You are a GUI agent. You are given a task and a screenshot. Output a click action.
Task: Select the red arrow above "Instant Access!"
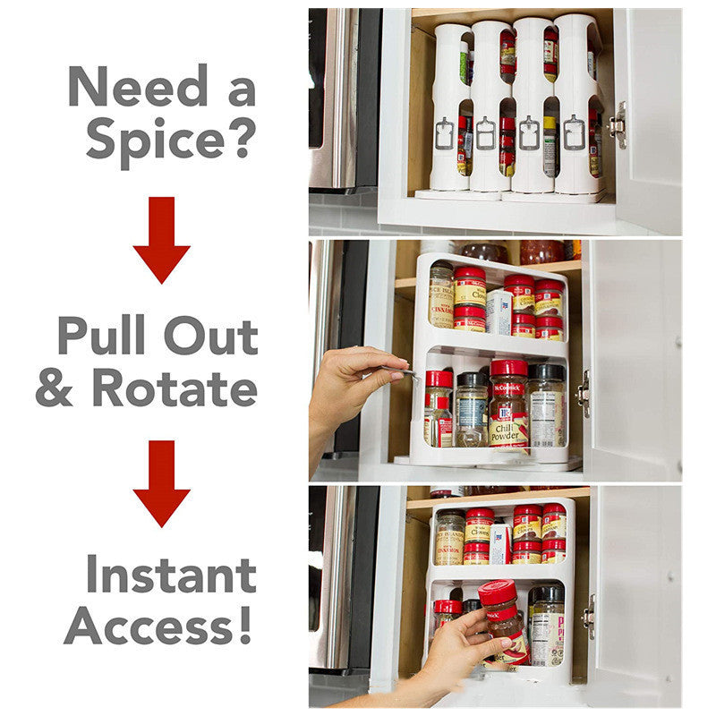point(161,483)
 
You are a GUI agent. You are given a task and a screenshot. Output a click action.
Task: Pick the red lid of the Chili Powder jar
point(508,368)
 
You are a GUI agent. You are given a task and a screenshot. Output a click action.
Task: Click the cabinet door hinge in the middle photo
point(584,394)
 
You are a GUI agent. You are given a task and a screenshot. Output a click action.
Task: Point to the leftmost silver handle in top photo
point(445,133)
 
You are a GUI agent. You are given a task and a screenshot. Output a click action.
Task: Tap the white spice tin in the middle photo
point(499,311)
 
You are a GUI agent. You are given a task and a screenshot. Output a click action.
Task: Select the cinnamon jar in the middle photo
point(440,295)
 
